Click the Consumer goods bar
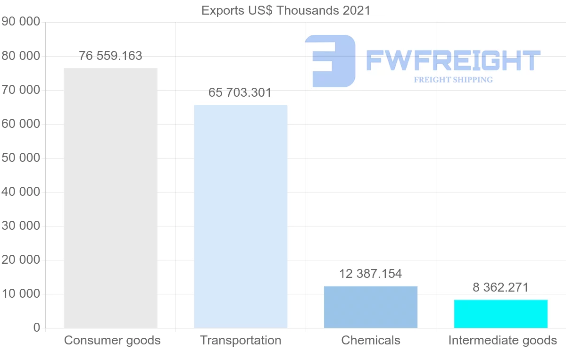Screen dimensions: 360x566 point(110,198)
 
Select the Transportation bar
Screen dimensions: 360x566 point(241,216)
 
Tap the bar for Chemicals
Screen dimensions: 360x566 point(371,307)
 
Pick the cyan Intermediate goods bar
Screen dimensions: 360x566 point(501,314)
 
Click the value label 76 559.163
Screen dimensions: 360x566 point(110,56)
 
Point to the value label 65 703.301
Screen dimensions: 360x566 point(240,92)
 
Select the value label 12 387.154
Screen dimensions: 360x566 point(371,274)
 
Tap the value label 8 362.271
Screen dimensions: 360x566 point(500,287)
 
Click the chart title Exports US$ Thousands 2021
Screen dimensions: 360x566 point(286,10)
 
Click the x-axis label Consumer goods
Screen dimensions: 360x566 point(112,340)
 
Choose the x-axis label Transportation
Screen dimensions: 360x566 point(241,340)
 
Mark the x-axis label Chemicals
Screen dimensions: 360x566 point(371,340)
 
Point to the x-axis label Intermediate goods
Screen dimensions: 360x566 point(503,340)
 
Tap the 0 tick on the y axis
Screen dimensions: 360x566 point(37,328)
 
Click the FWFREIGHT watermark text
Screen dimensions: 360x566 point(453,60)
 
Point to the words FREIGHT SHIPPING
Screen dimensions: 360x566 point(453,80)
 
